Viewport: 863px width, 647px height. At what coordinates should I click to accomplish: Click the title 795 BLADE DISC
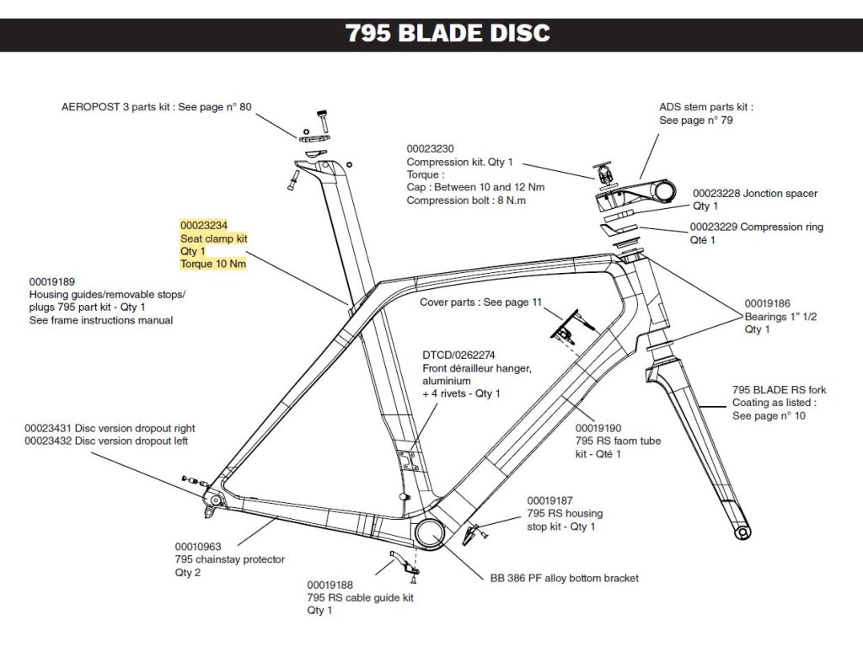448,33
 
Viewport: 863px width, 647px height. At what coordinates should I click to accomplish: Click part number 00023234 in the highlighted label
204,226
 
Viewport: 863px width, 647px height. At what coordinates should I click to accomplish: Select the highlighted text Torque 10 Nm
213,265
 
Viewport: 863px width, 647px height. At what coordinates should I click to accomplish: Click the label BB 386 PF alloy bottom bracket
564,579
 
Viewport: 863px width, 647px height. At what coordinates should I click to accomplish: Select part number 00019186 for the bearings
767,303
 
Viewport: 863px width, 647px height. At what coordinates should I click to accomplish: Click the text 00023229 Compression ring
756,227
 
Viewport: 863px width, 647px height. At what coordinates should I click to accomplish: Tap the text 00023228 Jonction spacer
754,194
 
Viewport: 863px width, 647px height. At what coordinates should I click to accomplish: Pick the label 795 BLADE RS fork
779,390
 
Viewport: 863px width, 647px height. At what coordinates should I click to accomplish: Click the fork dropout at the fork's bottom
742,532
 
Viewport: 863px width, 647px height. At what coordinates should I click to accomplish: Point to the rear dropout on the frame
214,501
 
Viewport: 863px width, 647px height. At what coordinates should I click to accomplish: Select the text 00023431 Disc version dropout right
110,428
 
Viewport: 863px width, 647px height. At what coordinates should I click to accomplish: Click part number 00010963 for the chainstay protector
198,546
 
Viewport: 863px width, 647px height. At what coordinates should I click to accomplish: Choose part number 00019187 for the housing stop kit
550,500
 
